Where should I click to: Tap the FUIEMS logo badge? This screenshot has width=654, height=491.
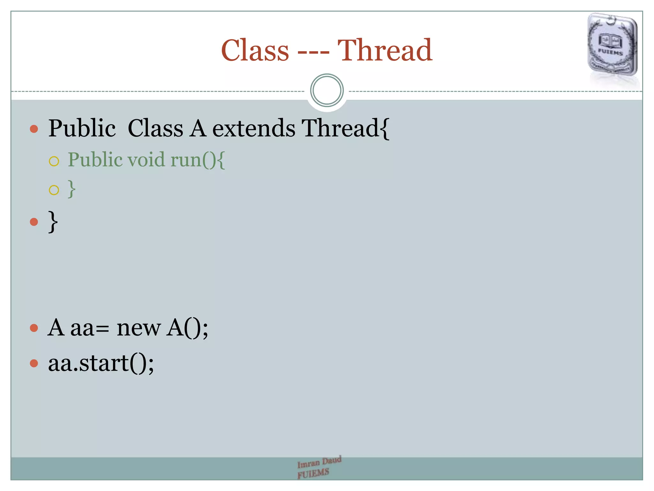point(612,45)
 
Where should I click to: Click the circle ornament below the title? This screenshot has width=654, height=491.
point(327,90)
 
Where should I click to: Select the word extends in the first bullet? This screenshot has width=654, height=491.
point(254,128)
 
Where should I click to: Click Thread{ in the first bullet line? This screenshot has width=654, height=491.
point(346,128)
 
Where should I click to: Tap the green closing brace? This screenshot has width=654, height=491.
point(72,189)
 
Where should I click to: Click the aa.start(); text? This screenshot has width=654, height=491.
point(101,363)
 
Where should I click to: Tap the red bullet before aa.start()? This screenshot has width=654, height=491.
point(34,363)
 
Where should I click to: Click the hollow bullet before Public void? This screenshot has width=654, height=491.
point(54,161)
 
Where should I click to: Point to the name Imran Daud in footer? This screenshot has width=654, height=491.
point(319,462)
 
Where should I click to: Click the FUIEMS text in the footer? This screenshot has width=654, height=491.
point(313,473)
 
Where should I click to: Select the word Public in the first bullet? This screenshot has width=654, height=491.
point(82,128)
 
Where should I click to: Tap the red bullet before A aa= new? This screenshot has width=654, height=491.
point(34,328)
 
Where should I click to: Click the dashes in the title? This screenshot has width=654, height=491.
point(313,51)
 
